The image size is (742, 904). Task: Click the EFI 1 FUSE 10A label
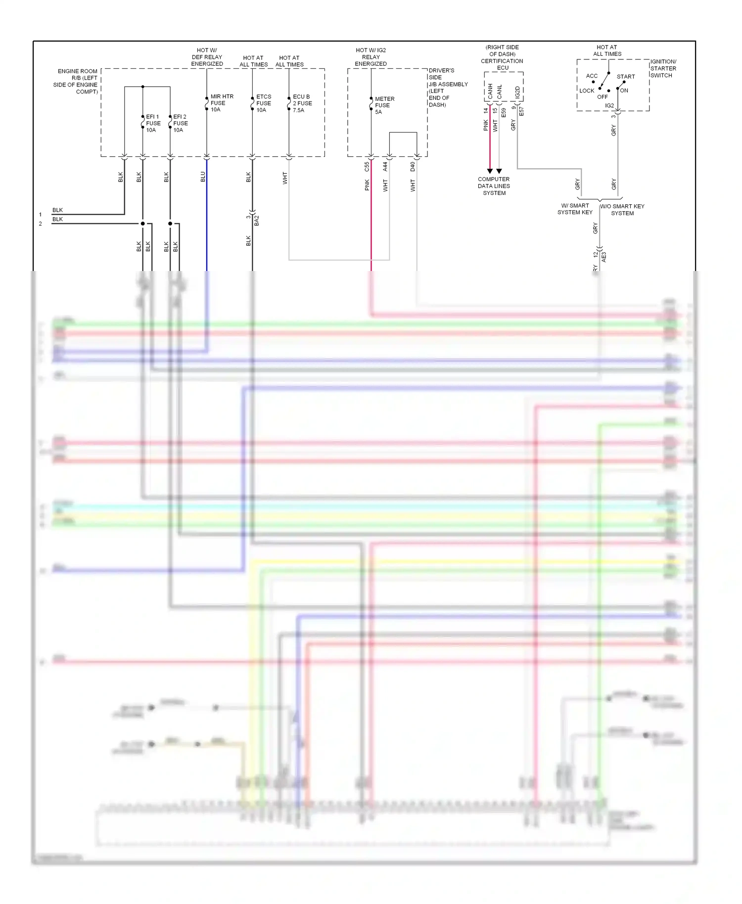coord(153,123)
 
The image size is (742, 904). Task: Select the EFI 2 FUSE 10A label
coord(180,123)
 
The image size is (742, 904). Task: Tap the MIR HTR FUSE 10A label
coord(221,103)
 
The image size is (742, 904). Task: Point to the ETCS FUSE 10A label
coord(263,103)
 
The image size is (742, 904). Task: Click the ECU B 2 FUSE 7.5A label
coord(302,103)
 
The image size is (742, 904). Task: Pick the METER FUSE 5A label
coord(384,105)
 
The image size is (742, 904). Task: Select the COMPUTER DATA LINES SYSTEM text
coord(494,186)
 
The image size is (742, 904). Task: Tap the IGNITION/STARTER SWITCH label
coord(663,68)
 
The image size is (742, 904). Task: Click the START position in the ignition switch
coord(626,77)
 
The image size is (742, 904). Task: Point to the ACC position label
coord(592,76)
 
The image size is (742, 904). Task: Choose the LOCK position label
coord(587,90)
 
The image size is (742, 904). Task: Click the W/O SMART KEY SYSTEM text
coord(622,210)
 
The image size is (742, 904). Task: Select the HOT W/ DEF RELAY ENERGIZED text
coord(207,57)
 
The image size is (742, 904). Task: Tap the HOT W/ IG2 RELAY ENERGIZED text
coord(371,57)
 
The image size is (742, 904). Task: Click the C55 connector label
coord(367,167)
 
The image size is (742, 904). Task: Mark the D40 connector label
coord(413,167)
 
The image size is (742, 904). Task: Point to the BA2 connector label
coord(257,221)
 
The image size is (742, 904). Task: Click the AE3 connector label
coord(603,257)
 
